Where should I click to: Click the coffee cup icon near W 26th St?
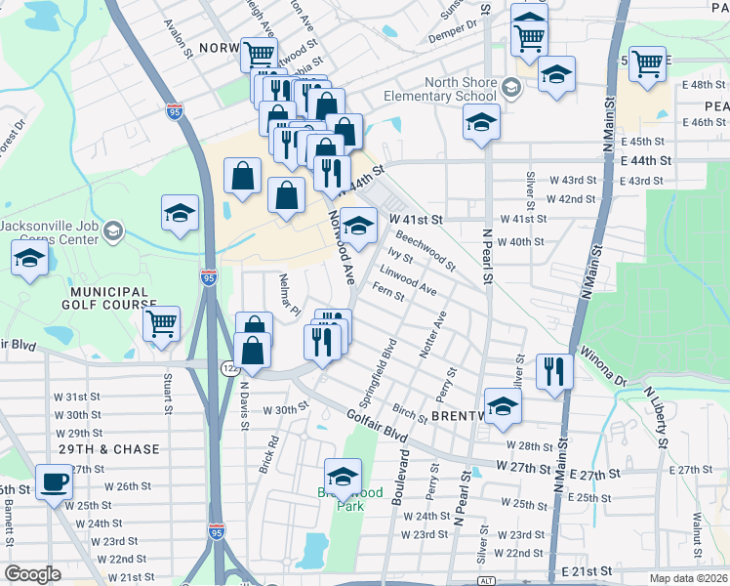(55, 481)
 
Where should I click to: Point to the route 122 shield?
(226, 367)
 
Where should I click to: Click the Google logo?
(32, 574)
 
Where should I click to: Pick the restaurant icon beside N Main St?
(553, 371)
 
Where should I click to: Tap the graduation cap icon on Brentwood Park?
(343, 477)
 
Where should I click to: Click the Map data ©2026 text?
(687, 578)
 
